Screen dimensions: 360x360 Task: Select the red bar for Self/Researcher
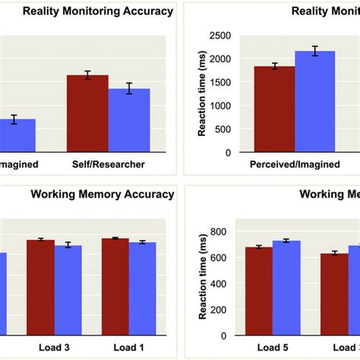click(x=87, y=113)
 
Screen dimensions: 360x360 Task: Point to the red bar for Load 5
click(x=259, y=292)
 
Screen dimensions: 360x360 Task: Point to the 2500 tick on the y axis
click(x=221, y=36)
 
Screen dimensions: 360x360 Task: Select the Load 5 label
click(x=273, y=349)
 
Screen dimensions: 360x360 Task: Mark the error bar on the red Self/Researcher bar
click(x=87, y=74)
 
